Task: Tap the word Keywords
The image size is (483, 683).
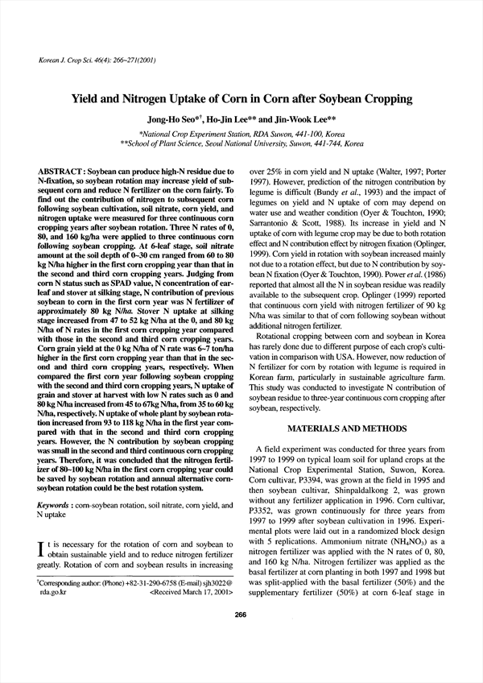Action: (x=53, y=505)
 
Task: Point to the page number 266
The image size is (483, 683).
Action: (x=240, y=660)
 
